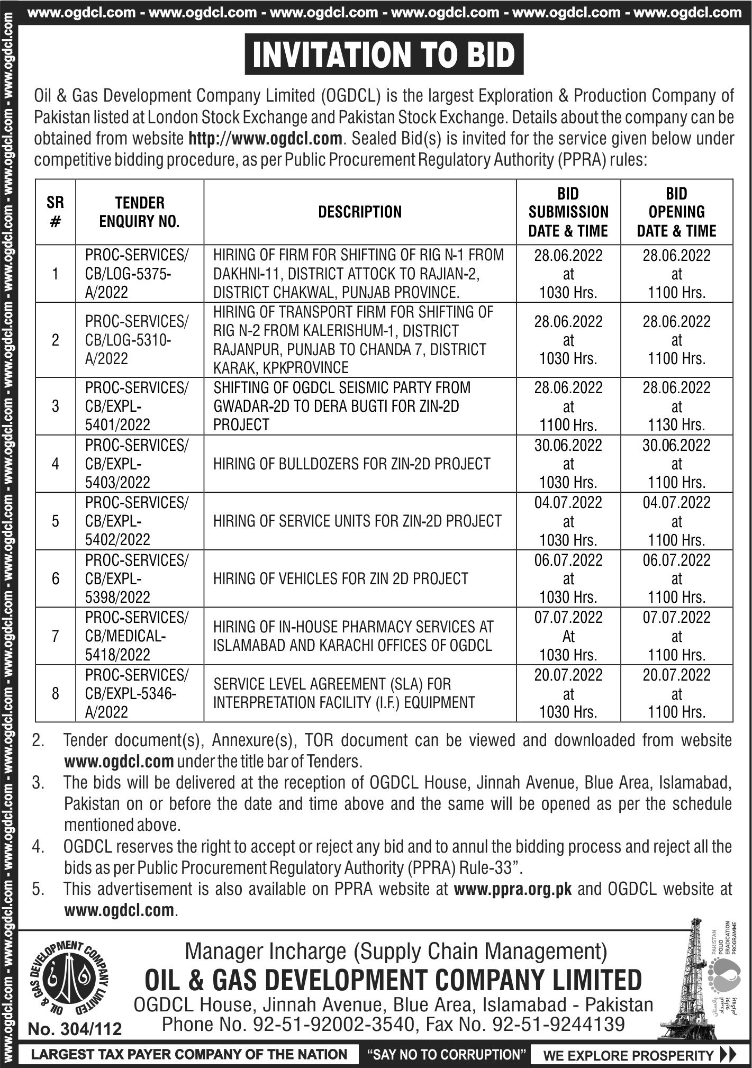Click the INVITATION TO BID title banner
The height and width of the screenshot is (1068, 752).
384,55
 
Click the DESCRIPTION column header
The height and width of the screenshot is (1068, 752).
360,212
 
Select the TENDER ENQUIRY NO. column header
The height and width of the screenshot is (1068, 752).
140,212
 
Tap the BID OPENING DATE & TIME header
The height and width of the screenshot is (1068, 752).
676,212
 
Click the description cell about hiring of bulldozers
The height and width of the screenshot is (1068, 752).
352,464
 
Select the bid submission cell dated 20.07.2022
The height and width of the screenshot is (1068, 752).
568,693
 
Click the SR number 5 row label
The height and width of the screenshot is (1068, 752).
56,521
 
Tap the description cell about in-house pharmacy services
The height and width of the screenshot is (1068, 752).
353,636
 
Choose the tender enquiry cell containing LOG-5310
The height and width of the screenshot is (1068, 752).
137,340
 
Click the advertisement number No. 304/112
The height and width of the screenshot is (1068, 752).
75,1029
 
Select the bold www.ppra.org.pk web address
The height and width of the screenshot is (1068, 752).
513,889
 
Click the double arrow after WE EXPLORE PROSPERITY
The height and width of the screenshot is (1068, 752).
728,1055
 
